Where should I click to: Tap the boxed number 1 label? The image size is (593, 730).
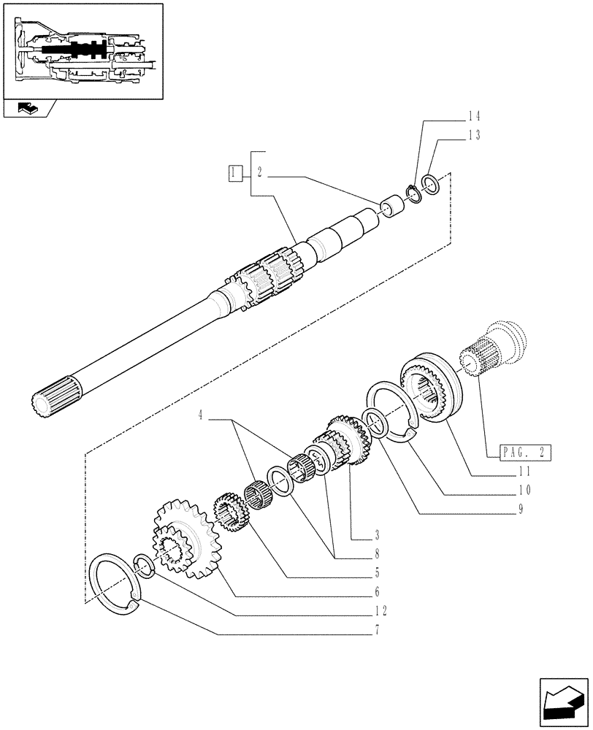pos(234,173)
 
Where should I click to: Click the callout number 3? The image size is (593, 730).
pos(356,535)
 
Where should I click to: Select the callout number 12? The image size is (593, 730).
pos(378,610)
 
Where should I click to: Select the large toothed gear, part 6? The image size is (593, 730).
pos(178,539)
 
